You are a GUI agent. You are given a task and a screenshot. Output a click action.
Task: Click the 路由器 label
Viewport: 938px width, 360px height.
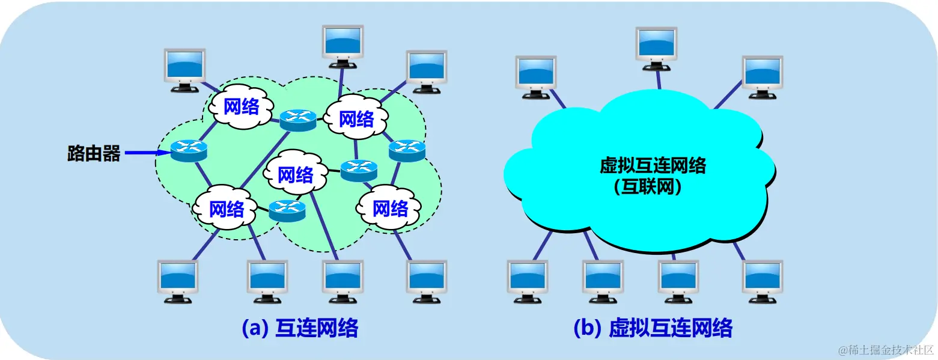94,153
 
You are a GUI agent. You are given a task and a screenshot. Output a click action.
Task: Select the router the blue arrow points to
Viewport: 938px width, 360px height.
189,150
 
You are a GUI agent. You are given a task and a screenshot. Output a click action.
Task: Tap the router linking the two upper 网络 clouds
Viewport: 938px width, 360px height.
297,120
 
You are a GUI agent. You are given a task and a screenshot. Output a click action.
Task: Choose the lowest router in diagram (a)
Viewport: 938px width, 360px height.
287,209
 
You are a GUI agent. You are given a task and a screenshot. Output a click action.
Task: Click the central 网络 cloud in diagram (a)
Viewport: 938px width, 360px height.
296,175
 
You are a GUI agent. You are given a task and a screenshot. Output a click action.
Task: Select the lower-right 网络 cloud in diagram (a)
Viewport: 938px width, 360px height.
390,208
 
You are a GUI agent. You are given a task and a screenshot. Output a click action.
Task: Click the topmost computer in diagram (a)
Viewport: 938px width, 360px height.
343,45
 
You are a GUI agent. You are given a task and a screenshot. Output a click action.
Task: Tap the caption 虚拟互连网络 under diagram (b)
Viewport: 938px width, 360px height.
671,328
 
